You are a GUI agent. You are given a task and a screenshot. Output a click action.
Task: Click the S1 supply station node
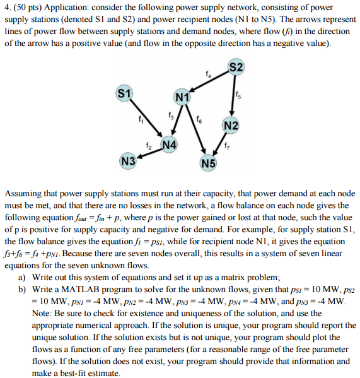124,95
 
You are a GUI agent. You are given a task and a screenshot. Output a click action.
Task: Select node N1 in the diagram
182,98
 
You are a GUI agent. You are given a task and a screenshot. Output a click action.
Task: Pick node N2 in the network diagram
231,126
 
